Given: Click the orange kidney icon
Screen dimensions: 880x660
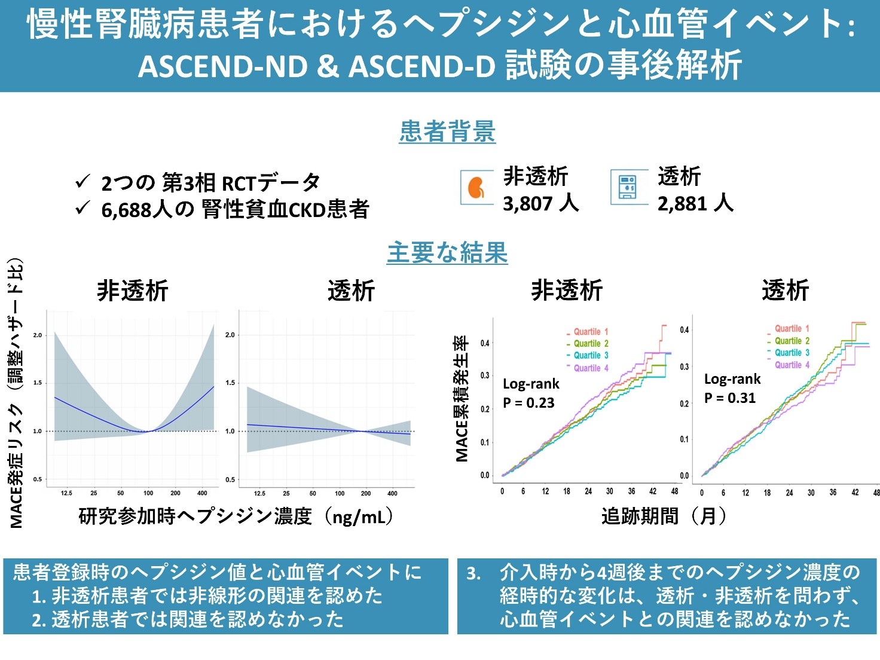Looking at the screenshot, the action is pos(476,187).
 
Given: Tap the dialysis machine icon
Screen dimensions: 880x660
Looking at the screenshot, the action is pos(627,187).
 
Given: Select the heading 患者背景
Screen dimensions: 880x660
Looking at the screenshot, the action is pos(447,131).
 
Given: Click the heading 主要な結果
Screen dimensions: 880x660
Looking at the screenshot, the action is pos(447,252).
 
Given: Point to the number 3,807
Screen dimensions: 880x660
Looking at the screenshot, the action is pos(528,204).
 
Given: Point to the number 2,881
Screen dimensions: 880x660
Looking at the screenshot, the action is pos(682,204).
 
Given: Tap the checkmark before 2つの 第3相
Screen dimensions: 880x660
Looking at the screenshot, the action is pos(82,182).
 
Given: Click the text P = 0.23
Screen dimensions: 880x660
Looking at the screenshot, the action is pos(528,402).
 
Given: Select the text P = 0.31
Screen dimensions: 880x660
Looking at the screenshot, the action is pos(730,398).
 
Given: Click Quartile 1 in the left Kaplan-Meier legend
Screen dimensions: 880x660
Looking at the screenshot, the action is pos(591,332).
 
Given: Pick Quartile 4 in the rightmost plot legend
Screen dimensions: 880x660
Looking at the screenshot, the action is pos(792,365).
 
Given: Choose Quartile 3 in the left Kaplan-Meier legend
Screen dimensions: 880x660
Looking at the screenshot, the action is pos(591,356).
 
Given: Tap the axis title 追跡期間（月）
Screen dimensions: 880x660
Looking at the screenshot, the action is pos(664,516).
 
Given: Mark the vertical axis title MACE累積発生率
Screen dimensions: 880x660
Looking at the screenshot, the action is pos(462,399).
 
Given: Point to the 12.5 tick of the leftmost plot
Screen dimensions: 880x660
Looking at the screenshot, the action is pos(66,493).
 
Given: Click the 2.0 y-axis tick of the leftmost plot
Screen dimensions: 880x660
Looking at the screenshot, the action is pos(37,335).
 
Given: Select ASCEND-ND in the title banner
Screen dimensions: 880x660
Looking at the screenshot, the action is pos(223,66).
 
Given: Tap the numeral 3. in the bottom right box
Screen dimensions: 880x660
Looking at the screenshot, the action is pos(473,573).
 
